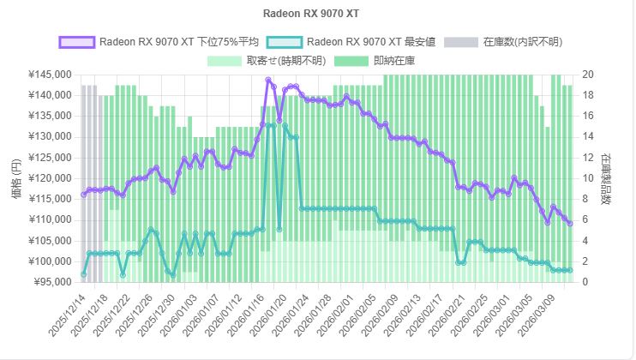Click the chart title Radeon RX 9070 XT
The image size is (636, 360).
pyautogui.click(x=317, y=15)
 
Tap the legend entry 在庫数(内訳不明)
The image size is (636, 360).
pyautogui.click(x=522, y=41)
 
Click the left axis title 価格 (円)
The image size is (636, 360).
pyautogui.click(x=17, y=178)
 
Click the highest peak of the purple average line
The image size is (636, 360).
pyautogui.click(x=268, y=81)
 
